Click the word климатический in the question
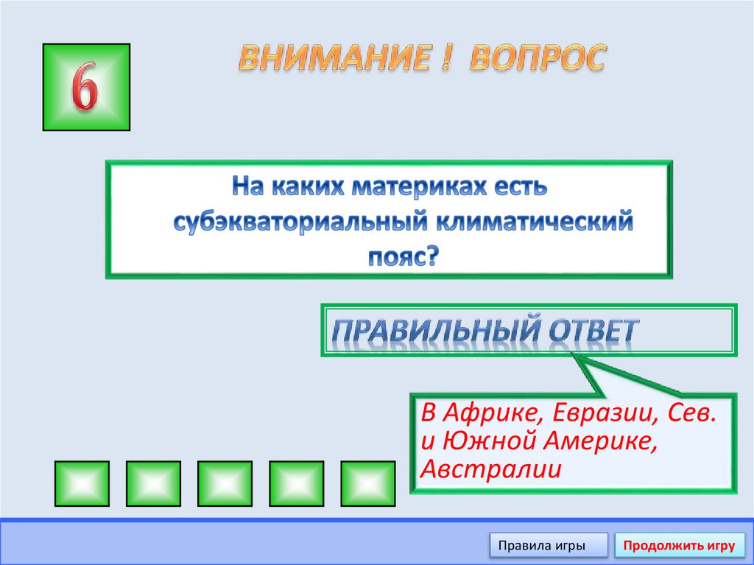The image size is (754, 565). coord(535,222)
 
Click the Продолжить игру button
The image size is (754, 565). coord(679,546)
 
